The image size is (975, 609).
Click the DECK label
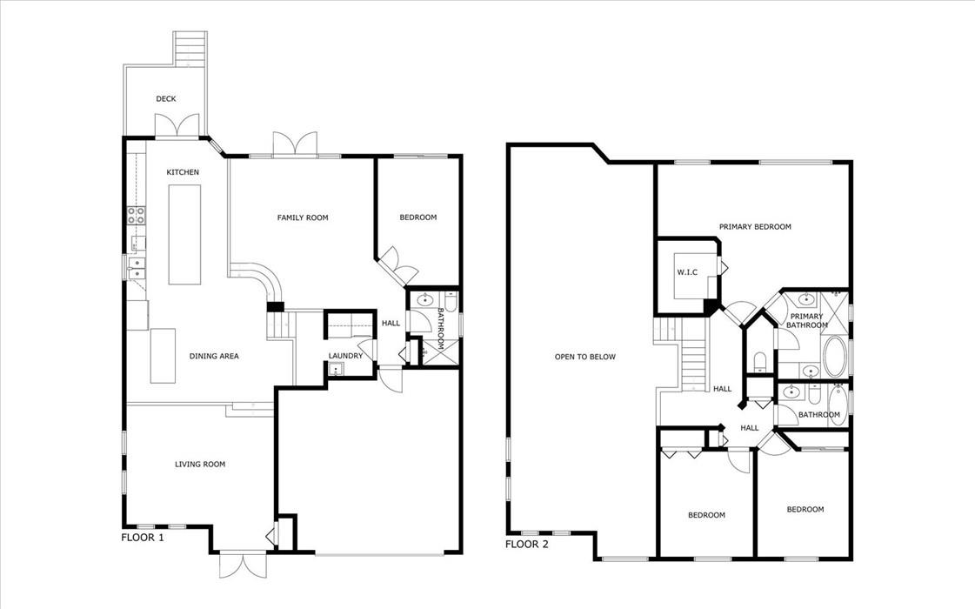pos(166,99)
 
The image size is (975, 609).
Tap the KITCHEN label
pos(183,172)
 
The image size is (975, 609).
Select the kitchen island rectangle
pos(185,235)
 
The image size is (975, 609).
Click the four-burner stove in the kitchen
pos(137,215)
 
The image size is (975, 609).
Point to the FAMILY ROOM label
pos(303,217)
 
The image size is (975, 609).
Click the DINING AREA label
pos(214,357)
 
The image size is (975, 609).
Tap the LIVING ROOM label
pos(200,464)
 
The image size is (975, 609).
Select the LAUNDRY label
pos(345,356)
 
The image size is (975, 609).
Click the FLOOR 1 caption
pos(143,538)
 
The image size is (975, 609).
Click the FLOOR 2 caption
pos(527,545)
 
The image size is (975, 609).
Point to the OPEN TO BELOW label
pos(585,357)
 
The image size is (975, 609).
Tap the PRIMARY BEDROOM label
pos(756,227)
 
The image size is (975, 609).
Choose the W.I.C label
pos(687,272)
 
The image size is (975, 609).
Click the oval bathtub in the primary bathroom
pos(834,357)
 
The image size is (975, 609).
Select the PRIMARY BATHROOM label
pos(807,321)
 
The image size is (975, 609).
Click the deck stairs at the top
pos(189,48)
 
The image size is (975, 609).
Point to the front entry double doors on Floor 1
pos(243,565)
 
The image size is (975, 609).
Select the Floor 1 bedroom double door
pos(398,265)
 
